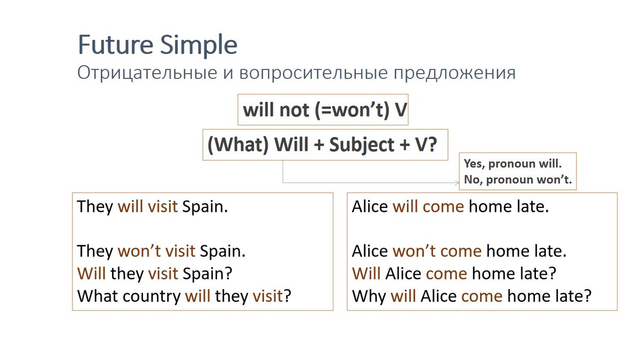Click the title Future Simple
coord(157,45)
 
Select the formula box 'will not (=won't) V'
coord(325,110)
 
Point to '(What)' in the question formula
coord(238,145)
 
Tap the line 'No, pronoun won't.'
coord(517,180)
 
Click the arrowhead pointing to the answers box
coord(456,183)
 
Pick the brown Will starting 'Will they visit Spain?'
coord(92,274)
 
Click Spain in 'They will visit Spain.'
coord(205,206)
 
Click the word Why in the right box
coord(369,295)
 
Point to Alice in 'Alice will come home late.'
coord(370,206)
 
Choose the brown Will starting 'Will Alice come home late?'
coord(366,274)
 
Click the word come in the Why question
coord(482,295)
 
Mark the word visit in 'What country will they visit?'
coord(267,295)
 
